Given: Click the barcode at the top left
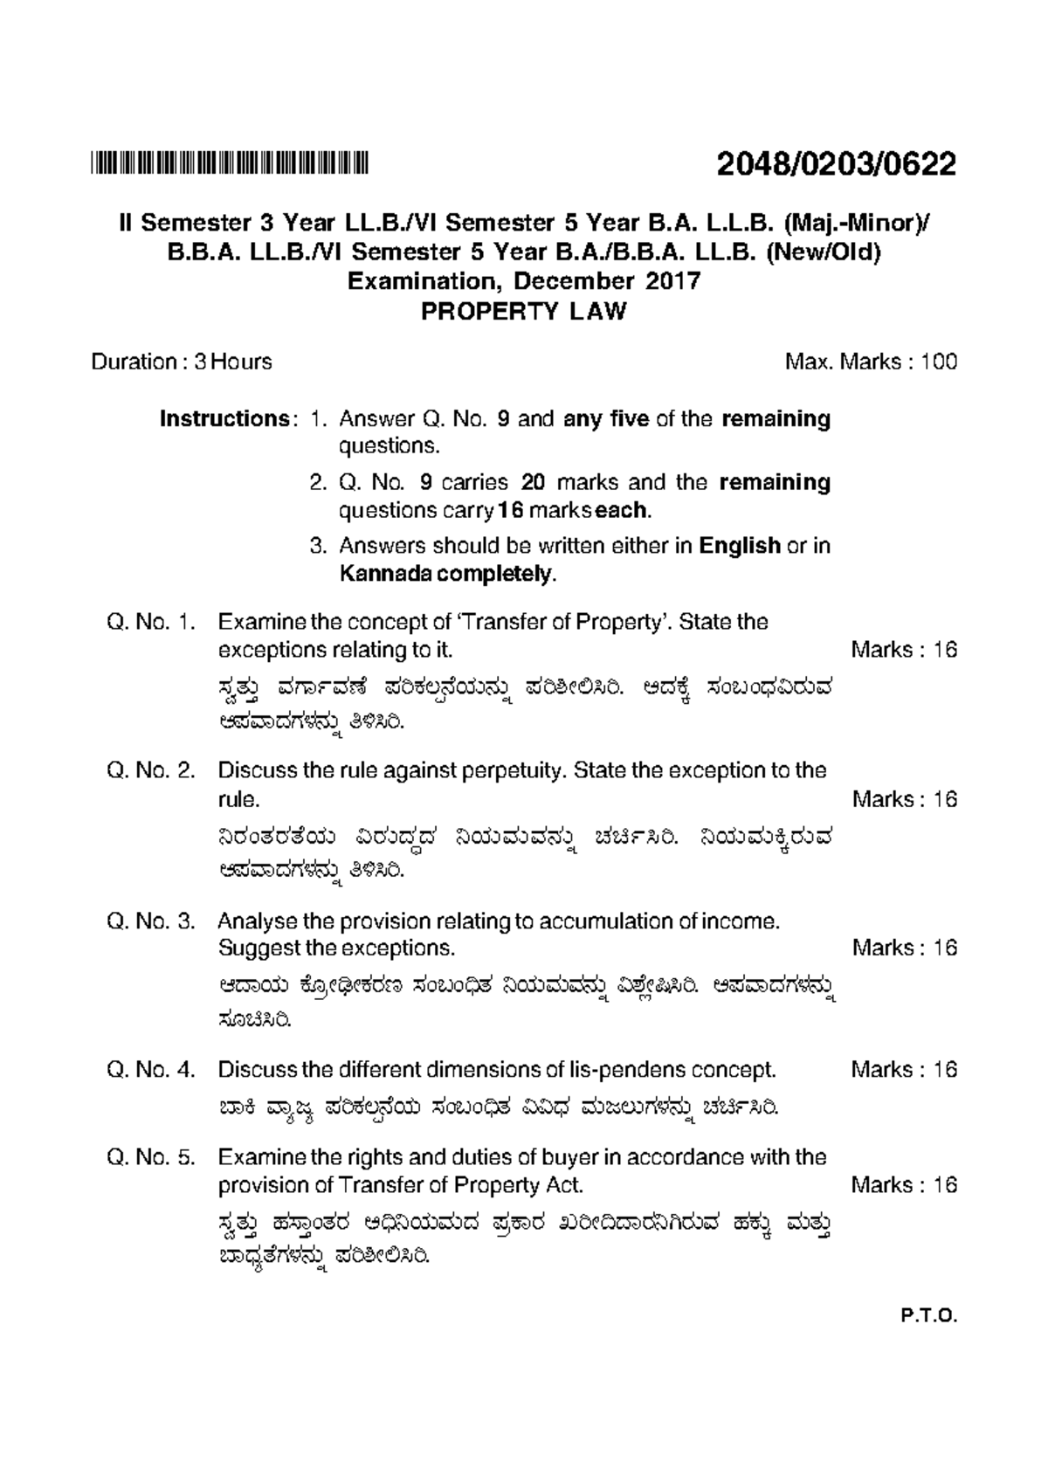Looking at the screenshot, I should (x=231, y=163).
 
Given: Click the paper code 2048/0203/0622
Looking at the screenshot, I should (x=836, y=163).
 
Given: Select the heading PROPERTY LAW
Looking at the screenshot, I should (x=524, y=312).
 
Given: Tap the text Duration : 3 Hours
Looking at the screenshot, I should (x=182, y=362).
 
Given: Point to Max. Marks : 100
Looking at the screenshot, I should (x=871, y=362).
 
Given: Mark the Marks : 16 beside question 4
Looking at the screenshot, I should (x=904, y=1070).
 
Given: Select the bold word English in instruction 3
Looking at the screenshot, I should (x=740, y=547).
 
